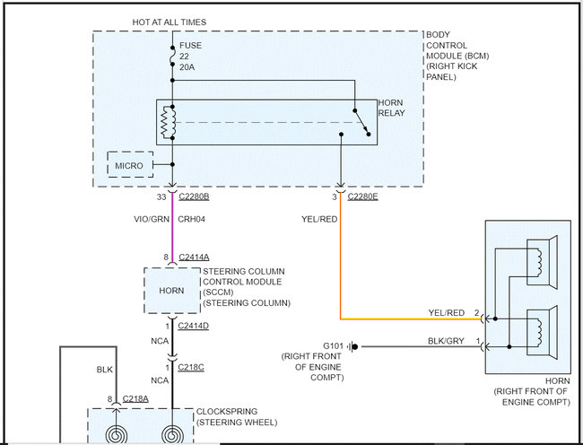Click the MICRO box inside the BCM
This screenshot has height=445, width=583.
pyautogui.click(x=130, y=164)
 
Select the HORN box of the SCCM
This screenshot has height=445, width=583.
pyautogui.click(x=172, y=291)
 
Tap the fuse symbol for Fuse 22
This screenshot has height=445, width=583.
pyautogui.click(x=172, y=57)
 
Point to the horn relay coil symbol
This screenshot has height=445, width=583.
pyautogui.click(x=168, y=122)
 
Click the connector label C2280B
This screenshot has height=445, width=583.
pyautogui.click(x=194, y=196)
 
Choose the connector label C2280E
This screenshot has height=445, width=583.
pyautogui.click(x=362, y=196)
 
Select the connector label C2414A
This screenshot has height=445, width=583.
pyautogui.click(x=194, y=257)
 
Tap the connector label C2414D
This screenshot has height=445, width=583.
pyautogui.click(x=193, y=326)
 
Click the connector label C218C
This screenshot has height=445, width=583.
pyautogui.click(x=191, y=367)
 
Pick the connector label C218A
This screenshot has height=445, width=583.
pyautogui.click(x=135, y=399)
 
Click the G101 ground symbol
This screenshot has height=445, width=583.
pyautogui.click(x=352, y=347)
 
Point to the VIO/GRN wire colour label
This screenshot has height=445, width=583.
pyautogui.click(x=152, y=219)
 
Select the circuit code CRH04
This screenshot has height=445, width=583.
pyautogui.click(x=191, y=219)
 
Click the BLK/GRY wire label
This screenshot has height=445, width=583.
pyautogui.click(x=446, y=341)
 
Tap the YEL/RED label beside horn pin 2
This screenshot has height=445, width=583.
pyautogui.click(x=446, y=313)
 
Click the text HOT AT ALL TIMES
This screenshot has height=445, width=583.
pyautogui.click(x=170, y=22)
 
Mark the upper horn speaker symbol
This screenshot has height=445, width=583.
pyautogui.click(x=542, y=263)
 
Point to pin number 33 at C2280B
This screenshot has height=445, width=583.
pyautogui.click(x=161, y=196)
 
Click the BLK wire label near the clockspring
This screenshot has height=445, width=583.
pyautogui.click(x=104, y=370)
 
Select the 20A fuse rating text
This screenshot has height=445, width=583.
pyautogui.click(x=187, y=67)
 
